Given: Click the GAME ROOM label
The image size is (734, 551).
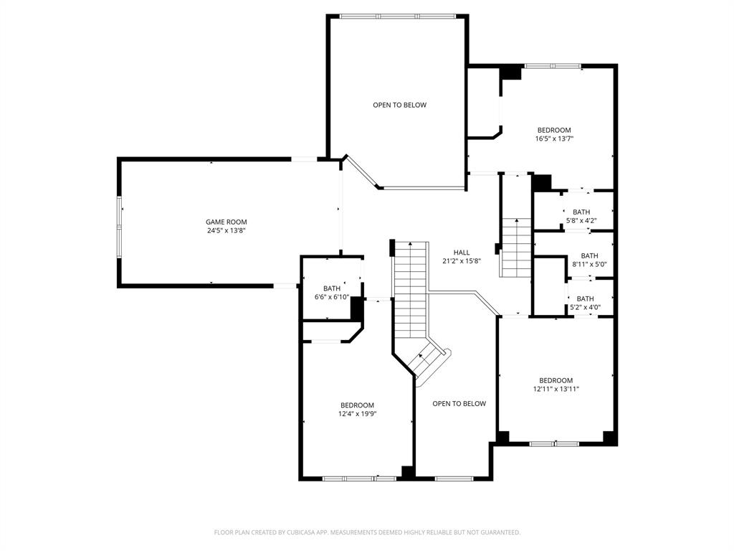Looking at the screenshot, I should (226, 222).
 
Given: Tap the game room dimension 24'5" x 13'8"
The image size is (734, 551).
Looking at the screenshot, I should (226, 230).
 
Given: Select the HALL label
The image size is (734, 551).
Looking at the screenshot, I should (462, 253).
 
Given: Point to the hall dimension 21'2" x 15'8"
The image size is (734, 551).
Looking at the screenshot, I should (462, 261).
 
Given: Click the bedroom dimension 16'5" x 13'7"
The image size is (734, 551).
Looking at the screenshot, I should (555, 138).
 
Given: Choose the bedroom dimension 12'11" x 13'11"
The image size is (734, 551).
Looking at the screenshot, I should (556, 389).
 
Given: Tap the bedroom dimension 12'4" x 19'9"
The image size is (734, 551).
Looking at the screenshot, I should (357, 413).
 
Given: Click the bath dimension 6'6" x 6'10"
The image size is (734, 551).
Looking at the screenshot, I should (332, 297).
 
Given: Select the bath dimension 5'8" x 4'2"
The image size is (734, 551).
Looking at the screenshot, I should (581, 220).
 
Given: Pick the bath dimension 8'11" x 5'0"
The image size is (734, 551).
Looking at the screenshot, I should (589, 264).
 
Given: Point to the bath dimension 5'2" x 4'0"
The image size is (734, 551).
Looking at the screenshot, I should (585, 307).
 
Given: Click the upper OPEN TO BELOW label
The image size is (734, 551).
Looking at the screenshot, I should (399, 105).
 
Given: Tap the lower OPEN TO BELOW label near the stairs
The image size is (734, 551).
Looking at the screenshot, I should (459, 403).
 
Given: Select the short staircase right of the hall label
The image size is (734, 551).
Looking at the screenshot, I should (515, 248).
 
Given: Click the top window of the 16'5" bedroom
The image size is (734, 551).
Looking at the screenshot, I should (553, 66).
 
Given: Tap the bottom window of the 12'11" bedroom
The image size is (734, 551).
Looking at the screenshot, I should (554, 443).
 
